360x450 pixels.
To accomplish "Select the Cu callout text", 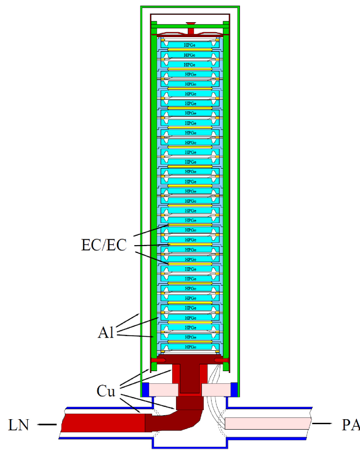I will pyautogui.click(x=107, y=391).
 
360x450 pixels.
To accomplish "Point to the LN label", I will pyautogui.click(x=19, y=425).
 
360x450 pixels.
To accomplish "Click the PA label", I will pyautogui.click(x=351, y=425).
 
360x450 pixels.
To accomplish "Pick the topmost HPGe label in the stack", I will pyautogui.click(x=190, y=45).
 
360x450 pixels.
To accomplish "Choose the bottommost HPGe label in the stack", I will pyautogui.click(x=190, y=347).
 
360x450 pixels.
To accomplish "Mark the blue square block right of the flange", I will pyautogui.click(x=234, y=389).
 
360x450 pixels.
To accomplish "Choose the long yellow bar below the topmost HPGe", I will pyautogui.click(x=190, y=50).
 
